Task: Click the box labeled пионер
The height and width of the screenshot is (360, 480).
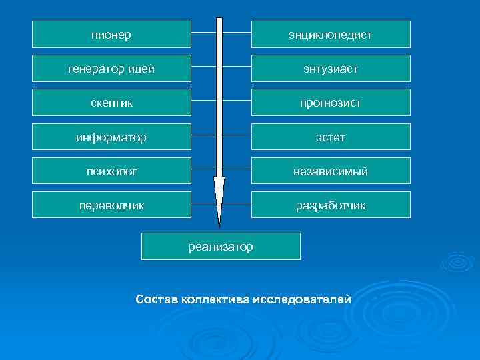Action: point(111,34)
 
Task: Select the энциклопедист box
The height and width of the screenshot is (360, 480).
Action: point(331,34)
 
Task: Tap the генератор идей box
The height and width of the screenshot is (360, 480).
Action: point(111,68)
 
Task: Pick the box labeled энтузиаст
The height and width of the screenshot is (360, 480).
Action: point(331,68)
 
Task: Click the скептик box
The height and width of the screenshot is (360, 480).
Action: point(111,103)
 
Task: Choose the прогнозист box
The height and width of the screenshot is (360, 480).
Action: point(331,103)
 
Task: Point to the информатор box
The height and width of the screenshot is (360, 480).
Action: point(111,137)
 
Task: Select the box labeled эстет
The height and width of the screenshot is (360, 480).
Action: point(331,137)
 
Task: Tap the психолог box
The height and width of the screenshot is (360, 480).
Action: point(111,171)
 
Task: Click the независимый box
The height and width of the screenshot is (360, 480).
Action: point(331,171)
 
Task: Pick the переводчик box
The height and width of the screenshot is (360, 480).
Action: point(111,205)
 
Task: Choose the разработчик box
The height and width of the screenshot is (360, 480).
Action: point(331,205)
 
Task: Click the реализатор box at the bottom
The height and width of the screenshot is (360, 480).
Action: point(221,247)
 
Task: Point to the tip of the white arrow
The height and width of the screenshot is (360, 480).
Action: point(219,227)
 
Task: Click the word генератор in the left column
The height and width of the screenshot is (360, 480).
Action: point(98,68)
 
